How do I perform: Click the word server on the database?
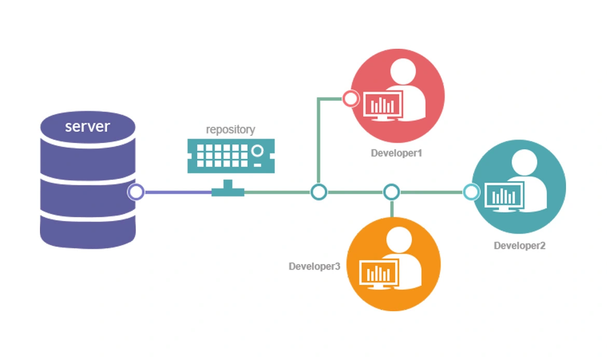pyautogui.click(x=87, y=126)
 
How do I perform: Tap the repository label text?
pyautogui.click(x=230, y=129)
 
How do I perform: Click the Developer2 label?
pyautogui.click(x=519, y=245)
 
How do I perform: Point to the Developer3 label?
pyautogui.click(x=314, y=266)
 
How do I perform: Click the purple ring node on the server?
pyautogui.click(x=136, y=192)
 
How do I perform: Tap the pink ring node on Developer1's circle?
pyautogui.click(x=351, y=98)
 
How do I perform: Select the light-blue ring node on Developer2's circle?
pyautogui.click(x=471, y=192)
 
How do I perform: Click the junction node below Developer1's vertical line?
pyautogui.click(x=319, y=192)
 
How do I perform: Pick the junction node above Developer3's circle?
pyautogui.click(x=391, y=192)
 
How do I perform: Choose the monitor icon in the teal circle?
pyautogui.click(x=504, y=197)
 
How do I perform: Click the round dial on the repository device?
pyautogui.click(x=257, y=151)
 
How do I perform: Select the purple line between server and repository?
pyautogui.click(x=176, y=192)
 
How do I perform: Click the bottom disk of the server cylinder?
pyautogui.click(x=88, y=228)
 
